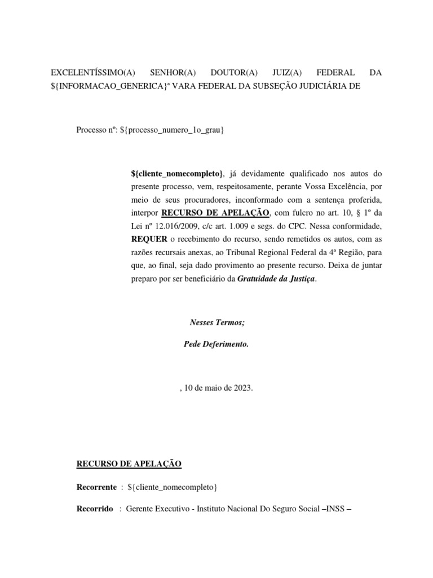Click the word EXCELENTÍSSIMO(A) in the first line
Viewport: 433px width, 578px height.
pos(94,73)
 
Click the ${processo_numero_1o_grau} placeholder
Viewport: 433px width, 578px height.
pos(172,130)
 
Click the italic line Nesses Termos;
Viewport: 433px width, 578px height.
pos(217,323)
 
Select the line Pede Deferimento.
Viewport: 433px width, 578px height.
pos(216,343)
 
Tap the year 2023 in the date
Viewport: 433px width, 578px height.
pos(242,388)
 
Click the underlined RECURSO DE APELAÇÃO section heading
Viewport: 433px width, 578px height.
pos(129,464)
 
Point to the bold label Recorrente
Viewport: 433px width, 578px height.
pos(96,487)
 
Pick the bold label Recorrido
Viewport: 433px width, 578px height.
pos(94,509)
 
